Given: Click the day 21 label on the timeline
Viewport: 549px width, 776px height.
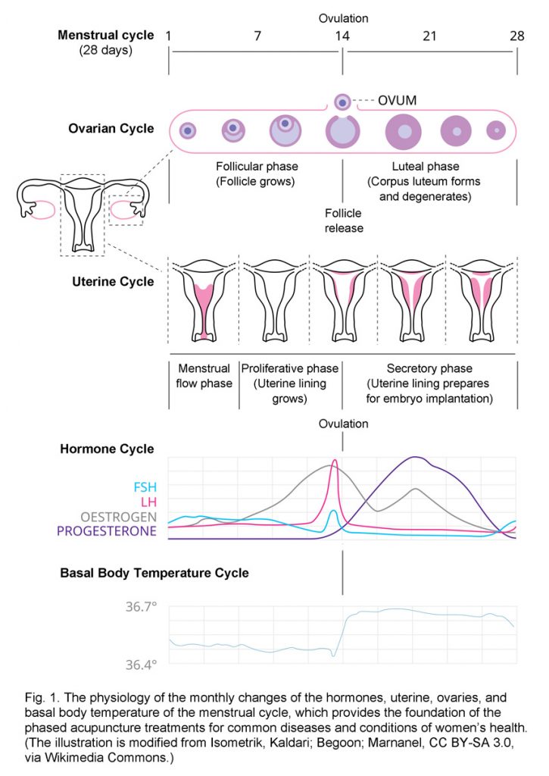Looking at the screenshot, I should (x=429, y=36).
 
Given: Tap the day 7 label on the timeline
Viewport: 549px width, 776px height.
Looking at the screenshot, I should (x=258, y=36).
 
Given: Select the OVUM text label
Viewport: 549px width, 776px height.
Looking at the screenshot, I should (x=397, y=100).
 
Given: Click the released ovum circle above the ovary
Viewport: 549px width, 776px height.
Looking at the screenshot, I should (x=343, y=101).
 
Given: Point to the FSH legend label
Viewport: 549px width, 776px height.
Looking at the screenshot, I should (x=144, y=487).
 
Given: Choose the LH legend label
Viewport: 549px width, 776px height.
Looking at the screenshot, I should (x=148, y=502).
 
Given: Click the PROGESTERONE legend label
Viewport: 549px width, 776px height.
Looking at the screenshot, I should (x=107, y=531).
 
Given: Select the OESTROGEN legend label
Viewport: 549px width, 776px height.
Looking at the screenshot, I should (x=119, y=516).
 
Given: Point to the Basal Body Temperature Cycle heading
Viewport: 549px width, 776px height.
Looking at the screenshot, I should (x=154, y=572).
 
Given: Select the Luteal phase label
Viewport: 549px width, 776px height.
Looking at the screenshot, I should (x=424, y=167).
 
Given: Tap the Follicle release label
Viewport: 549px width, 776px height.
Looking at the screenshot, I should (x=344, y=221).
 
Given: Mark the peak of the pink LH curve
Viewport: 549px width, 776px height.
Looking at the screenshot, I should (x=335, y=460).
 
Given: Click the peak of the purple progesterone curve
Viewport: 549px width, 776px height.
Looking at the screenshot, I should (x=415, y=457).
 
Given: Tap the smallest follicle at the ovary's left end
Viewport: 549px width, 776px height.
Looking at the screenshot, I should (x=188, y=131).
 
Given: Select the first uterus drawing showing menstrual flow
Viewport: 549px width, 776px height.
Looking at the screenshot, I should (x=204, y=297).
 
